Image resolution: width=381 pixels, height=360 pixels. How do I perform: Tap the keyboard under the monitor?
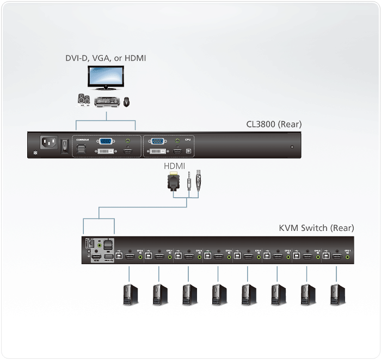[107, 101]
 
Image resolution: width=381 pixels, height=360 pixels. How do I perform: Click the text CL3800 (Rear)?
[274, 125]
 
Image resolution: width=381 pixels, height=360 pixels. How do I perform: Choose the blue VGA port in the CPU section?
[158, 141]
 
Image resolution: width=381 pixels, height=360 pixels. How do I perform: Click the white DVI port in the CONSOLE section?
[106, 151]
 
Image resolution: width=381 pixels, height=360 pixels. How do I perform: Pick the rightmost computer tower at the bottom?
[335, 294]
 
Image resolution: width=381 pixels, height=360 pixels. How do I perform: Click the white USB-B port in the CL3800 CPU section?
[188, 151]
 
